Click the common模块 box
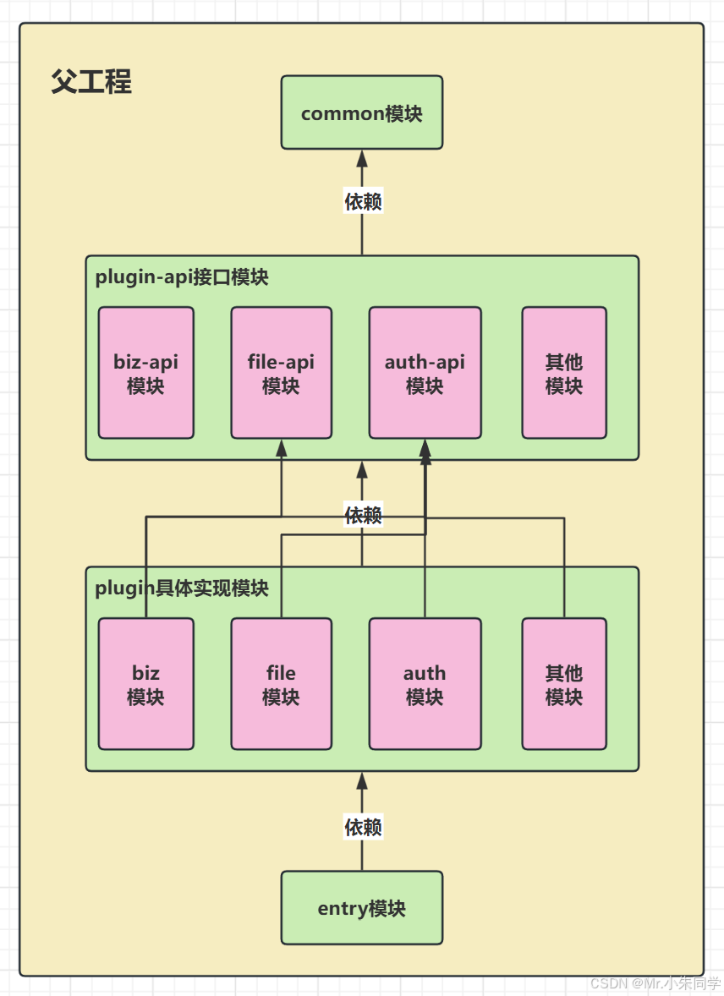361,112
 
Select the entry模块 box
361,908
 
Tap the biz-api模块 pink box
145,373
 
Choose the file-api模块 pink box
281,373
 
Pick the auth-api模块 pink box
425,373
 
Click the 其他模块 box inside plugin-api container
563,373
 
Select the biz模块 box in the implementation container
145,684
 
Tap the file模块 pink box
281,684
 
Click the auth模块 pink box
425,684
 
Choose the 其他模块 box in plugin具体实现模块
563,684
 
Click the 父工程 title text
91,83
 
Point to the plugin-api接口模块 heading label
181,276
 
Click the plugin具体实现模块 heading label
181,588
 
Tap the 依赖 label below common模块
363,201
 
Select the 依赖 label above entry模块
363,826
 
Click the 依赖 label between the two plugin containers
363,514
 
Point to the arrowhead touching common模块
362,158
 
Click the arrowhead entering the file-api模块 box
282,448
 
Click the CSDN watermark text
655,983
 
